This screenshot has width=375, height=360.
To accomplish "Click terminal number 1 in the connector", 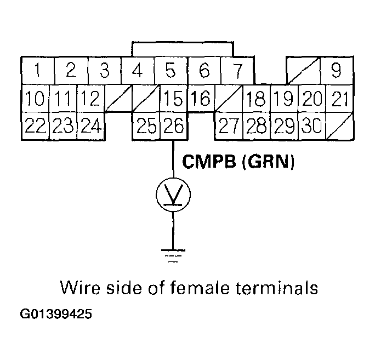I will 37,71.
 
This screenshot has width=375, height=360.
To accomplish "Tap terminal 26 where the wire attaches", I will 174,127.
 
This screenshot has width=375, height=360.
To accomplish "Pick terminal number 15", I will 174,99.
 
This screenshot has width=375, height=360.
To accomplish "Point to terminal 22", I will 35,127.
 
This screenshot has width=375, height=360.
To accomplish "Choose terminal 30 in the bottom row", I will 311,127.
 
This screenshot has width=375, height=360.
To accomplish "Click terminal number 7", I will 237,71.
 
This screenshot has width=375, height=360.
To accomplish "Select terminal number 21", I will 340,99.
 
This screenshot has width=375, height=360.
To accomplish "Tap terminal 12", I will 89,99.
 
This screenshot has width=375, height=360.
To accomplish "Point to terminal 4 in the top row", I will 138,71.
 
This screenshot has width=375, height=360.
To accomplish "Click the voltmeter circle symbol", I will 174,194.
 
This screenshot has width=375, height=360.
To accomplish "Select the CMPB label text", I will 209,162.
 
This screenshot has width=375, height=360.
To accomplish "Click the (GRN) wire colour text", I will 268,162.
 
